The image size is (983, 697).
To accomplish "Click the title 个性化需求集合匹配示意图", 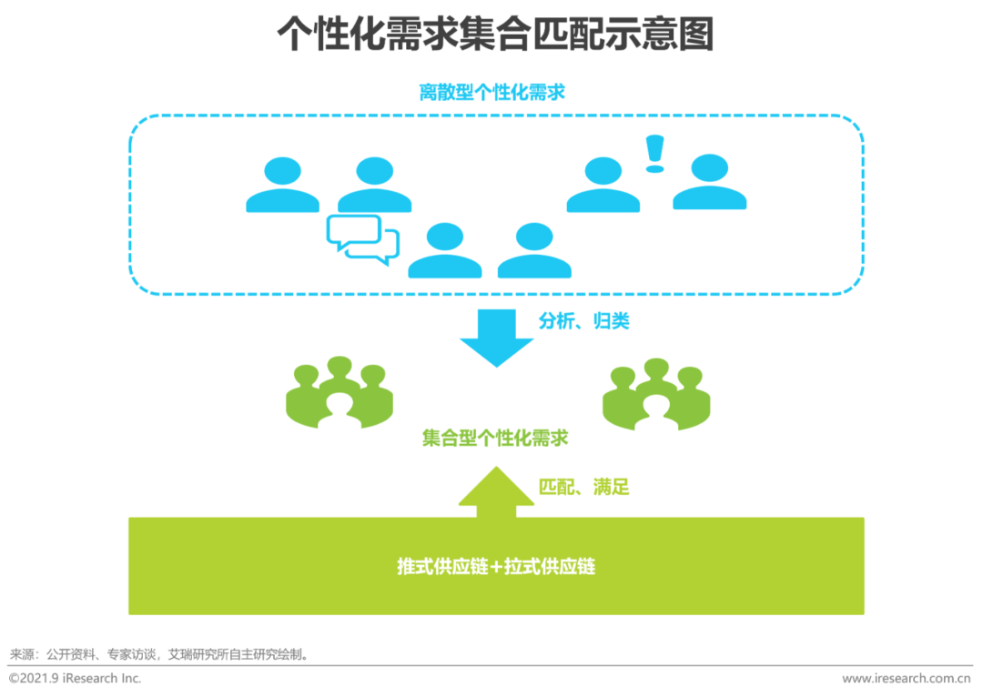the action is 494,35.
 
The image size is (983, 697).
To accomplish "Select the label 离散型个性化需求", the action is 491,92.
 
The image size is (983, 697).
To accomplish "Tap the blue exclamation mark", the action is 654,153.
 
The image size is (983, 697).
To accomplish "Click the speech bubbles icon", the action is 362,238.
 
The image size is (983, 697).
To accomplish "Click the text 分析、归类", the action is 583,321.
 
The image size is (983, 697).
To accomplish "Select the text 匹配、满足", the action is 583,487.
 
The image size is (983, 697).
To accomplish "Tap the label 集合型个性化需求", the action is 495,438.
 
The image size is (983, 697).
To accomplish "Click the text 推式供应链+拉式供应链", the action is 496,566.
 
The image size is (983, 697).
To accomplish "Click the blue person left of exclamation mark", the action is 603,186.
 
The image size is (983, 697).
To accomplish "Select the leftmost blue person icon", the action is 282,186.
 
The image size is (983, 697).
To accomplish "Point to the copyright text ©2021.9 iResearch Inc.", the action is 76,679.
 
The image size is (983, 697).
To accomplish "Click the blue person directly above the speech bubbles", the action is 374,186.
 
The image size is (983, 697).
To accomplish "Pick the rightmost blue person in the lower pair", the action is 534,251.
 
